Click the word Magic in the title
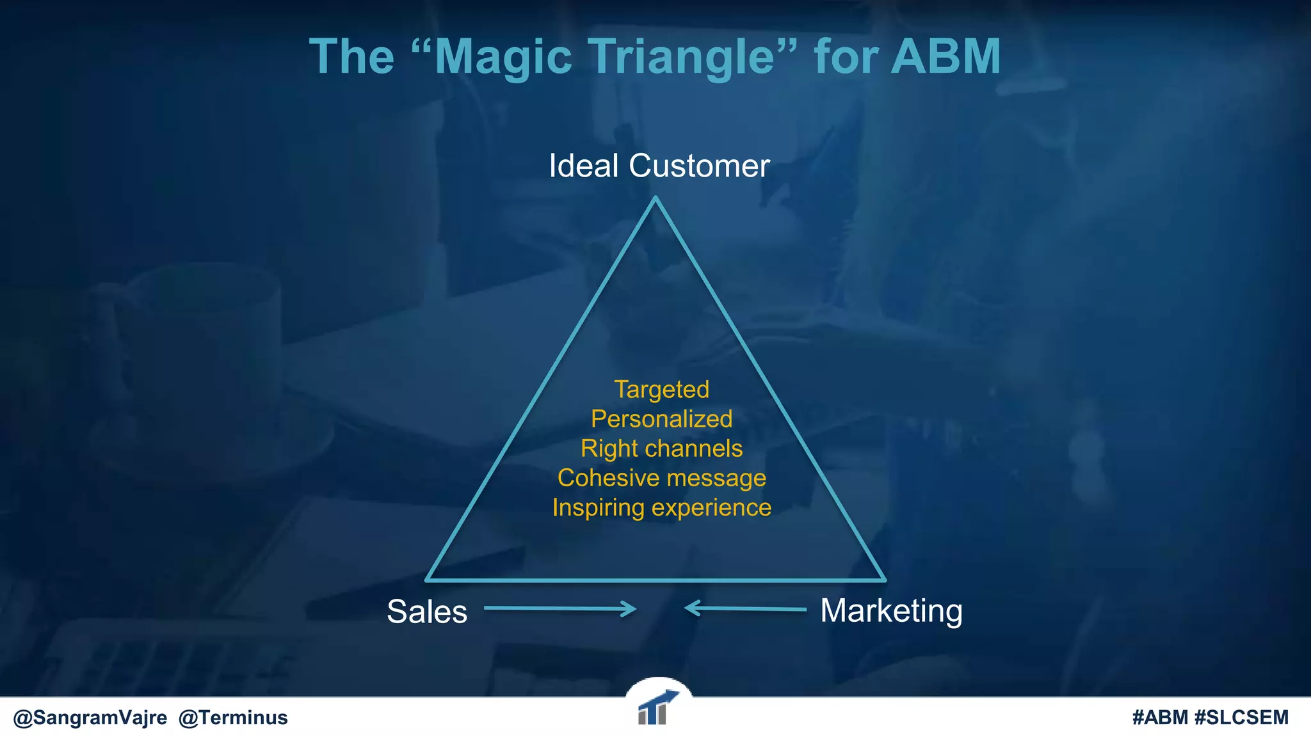[x=503, y=58]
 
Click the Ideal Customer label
[x=659, y=166]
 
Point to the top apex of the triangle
[x=655, y=199]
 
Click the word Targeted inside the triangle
[x=661, y=390]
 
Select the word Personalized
[x=661, y=419]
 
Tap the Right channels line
[x=661, y=448]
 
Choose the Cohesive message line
[x=661, y=478]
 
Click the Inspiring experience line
[x=661, y=507]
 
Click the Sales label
[x=427, y=612]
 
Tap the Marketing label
[x=891, y=610]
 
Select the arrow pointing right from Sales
[x=560, y=608]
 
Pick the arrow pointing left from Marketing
[x=745, y=608]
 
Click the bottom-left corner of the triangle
[x=428, y=580]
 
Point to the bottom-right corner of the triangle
[x=884, y=580]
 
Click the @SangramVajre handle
[x=90, y=718]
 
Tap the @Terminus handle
[x=233, y=718]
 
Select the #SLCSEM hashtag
[x=1241, y=718]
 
